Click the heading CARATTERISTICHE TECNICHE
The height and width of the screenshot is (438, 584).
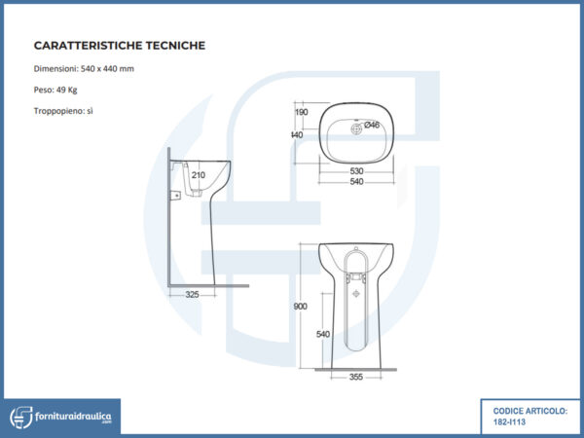[x=119, y=45]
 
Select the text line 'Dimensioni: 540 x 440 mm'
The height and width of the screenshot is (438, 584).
[x=83, y=68]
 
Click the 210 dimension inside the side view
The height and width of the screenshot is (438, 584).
[x=199, y=174]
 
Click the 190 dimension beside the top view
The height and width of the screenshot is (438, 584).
[x=301, y=113]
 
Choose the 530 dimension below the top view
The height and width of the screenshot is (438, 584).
[x=357, y=171]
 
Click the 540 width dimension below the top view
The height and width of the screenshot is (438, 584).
[x=357, y=182]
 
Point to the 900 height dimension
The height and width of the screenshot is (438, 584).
[x=300, y=307]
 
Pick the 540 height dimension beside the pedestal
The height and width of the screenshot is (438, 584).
[x=323, y=334]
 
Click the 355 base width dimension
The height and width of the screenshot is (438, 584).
[x=356, y=378]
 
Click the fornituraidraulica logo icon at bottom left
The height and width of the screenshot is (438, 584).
[x=20, y=417]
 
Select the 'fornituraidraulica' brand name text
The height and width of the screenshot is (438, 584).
[x=73, y=416]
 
